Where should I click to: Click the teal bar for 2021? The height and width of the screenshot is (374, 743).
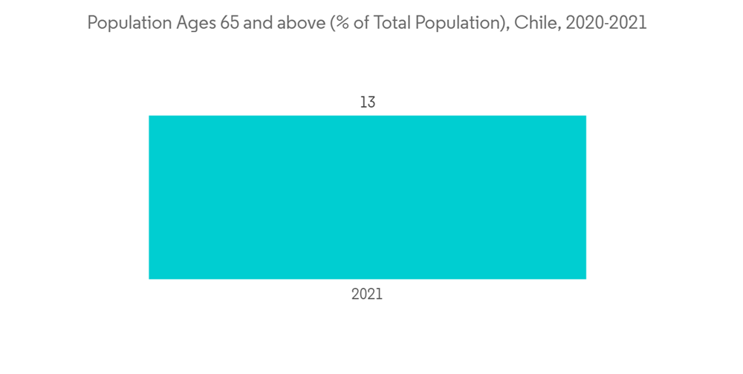click(x=367, y=197)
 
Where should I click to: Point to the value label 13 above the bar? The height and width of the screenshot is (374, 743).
click(x=368, y=102)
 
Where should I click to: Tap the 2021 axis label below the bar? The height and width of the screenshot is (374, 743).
click(x=367, y=295)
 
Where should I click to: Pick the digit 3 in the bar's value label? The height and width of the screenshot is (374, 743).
click(x=371, y=102)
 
